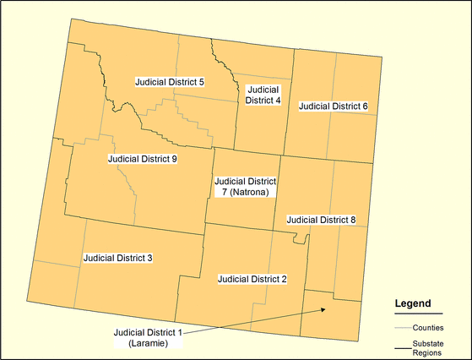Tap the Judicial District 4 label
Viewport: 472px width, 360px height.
(263, 95)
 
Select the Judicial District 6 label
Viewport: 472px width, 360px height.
(333, 106)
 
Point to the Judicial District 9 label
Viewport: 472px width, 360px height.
(142, 158)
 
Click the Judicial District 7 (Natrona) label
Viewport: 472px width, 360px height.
(245, 187)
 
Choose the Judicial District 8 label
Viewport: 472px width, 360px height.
(321, 220)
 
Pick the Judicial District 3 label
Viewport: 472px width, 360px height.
(117, 257)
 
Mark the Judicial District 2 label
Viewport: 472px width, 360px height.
(252, 278)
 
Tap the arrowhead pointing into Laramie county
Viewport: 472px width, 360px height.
(323, 310)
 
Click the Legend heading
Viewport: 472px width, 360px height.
(414, 303)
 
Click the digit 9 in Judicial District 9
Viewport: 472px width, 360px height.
(173, 158)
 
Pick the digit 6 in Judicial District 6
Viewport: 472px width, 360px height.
(365, 106)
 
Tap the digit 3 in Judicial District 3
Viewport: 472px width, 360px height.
(149, 257)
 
